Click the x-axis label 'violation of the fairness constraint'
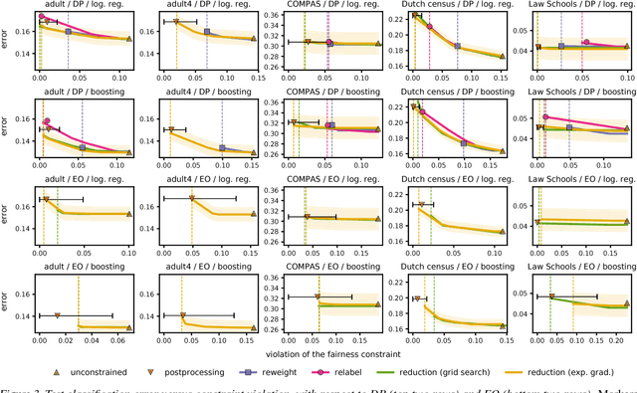click(329, 352)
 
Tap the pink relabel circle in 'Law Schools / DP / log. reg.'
click(586, 43)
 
